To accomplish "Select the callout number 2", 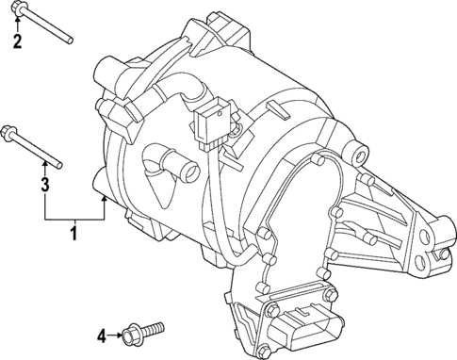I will pyautogui.click(x=16, y=41).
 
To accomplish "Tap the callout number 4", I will pyautogui.click(x=102, y=335).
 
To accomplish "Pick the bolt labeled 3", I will pyautogui.click(x=36, y=146).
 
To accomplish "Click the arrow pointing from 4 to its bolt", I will pyautogui.click(x=115, y=335).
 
